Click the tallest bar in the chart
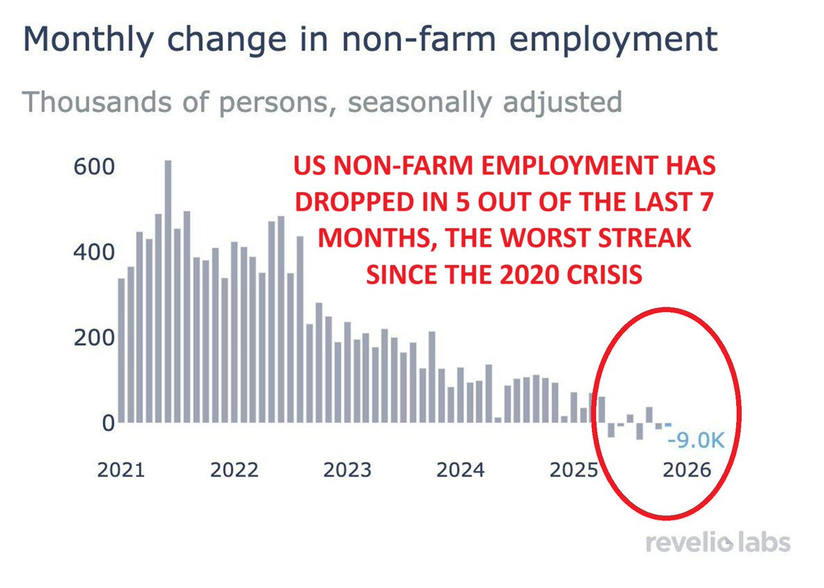tap(168, 292)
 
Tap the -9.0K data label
tap(696, 440)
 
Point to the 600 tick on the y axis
tap(94, 167)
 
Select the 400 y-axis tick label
tap(94, 252)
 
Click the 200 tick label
tap(94, 338)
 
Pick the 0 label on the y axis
tap(108, 423)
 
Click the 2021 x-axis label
tap(121, 470)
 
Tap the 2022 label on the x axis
tap(234, 470)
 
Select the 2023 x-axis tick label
tap(347, 470)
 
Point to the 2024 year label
tap(461, 470)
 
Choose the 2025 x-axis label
tap(573, 470)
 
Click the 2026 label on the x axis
tap(687, 470)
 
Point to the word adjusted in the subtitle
tap(562, 102)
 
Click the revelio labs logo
tap(718, 543)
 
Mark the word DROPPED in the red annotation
tap(358, 202)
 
